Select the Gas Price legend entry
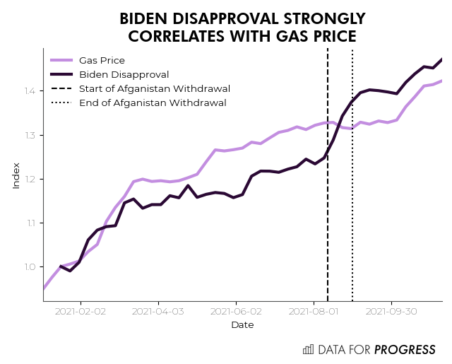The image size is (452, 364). [x=102, y=60]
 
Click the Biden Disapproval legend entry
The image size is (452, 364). [x=124, y=74]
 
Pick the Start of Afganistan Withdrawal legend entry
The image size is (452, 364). [x=155, y=88]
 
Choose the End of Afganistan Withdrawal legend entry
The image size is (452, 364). [x=153, y=102]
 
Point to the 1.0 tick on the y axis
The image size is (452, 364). [x=29, y=267]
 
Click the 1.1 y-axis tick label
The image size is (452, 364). [x=29, y=223]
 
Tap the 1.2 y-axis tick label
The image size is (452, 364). [x=29, y=180]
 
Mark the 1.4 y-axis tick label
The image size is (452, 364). [x=29, y=91]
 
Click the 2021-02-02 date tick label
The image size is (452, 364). [x=81, y=311]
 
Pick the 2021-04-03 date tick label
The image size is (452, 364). [x=158, y=311]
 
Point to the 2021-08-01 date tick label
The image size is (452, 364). [x=314, y=311]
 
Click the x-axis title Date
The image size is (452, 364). [x=242, y=325]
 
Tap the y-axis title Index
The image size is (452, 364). [x=16, y=175]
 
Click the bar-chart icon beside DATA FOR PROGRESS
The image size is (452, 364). [x=308, y=349]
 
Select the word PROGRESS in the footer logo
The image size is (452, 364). [x=405, y=349]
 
